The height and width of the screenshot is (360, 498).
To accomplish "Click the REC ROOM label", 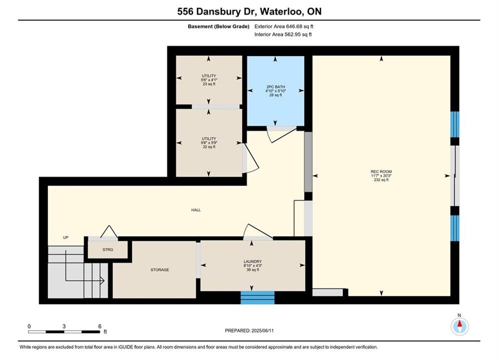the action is pyautogui.click(x=381, y=171).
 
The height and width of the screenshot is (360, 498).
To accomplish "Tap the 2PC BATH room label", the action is pyautogui.click(x=276, y=86).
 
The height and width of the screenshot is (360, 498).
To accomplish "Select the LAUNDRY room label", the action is pyautogui.click(x=253, y=261).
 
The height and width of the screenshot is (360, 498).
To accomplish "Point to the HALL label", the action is pyautogui.click(x=196, y=210).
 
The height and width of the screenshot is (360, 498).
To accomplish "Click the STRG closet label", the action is pyautogui.click(x=108, y=249).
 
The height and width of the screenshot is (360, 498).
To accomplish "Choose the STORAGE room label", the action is pyautogui.click(x=160, y=269).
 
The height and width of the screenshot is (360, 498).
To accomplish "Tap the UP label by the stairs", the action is pyautogui.click(x=66, y=237).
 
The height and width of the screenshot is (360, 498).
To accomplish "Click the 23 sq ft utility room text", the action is pyautogui.click(x=209, y=84).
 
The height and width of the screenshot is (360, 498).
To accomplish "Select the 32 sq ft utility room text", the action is pyautogui.click(x=209, y=147).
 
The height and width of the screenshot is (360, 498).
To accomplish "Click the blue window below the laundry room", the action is pyautogui.click(x=258, y=297).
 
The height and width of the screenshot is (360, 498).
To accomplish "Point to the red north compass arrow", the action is pyautogui.click(x=459, y=324).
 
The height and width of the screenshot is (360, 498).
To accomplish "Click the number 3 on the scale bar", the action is pyautogui.click(x=64, y=326).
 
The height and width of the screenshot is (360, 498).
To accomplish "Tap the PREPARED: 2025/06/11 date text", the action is pyautogui.click(x=249, y=330).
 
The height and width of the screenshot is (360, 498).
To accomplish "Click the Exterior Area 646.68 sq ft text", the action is pyautogui.click(x=284, y=26).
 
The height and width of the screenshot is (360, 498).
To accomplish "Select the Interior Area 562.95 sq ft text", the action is pyautogui.click(x=283, y=34).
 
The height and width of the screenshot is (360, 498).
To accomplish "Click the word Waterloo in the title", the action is pyautogui.click(x=281, y=11).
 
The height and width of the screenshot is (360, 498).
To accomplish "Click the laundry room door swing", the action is pyautogui.click(x=257, y=231).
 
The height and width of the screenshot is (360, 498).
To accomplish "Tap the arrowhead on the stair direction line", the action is pyautogui.click(x=102, y=280).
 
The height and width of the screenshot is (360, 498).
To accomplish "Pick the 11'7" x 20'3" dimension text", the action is pyautogui.click(x=381, y=175).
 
